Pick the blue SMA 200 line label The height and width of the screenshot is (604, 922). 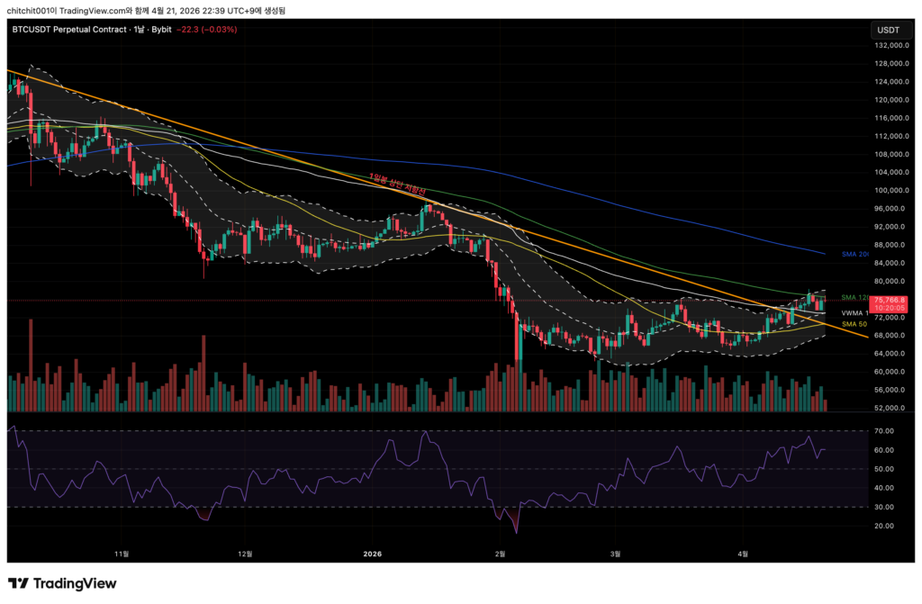pos(854,255)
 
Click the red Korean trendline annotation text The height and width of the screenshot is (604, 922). pos(396,183)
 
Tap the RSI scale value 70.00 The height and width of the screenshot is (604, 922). pos(882,431)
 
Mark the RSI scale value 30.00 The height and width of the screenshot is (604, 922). pos(882,507)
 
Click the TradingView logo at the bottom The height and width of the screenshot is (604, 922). pos(62,583)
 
